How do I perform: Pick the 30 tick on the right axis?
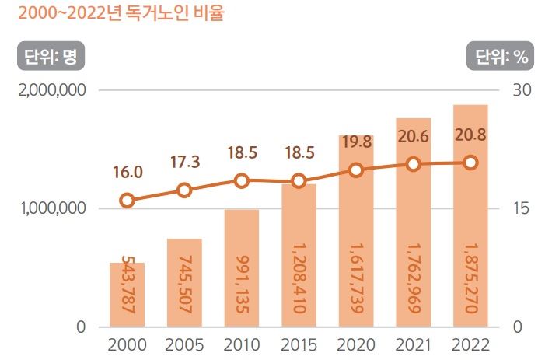pos(522,90)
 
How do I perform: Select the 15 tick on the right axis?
pos(521,208)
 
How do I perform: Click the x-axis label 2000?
pos(127,345)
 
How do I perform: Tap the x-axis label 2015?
pos(299,345)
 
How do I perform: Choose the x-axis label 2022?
pos(470,345)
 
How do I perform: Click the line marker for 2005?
pos(184,190)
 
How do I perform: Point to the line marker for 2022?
pos(470,163)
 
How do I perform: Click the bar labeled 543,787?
pos(127,295)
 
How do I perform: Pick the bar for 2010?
pos(241,268)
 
